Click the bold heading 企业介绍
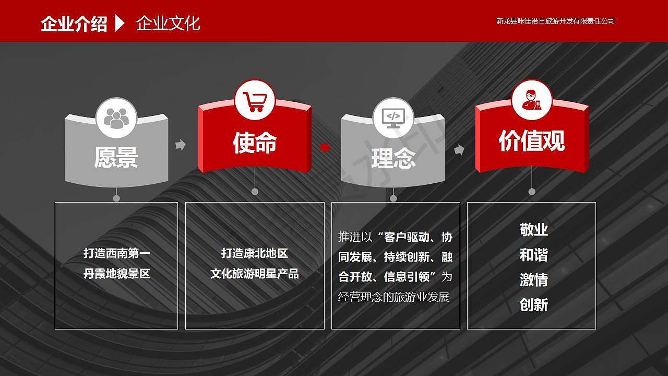click(74, 23)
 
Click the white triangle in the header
click(120, 23)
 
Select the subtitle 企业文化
click(168, 23)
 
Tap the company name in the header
click(555, 21)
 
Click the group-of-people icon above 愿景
click(116, 118)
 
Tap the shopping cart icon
click(255, 101)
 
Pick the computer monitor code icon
click(393, 119)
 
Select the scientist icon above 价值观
click(532, 100)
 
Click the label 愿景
click(116, 157)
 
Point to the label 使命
click(255, 143)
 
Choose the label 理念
click(393, 158)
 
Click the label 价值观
click(532, 140)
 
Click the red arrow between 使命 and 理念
click(325, 147)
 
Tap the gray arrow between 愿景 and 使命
click(181, 145)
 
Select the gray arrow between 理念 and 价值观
click(459, 149)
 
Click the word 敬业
click(534, 230)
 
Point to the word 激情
click(534, 280)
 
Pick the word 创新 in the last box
click(534, 305)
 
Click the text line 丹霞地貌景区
click(116, 273)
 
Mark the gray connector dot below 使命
click(255, 192)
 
